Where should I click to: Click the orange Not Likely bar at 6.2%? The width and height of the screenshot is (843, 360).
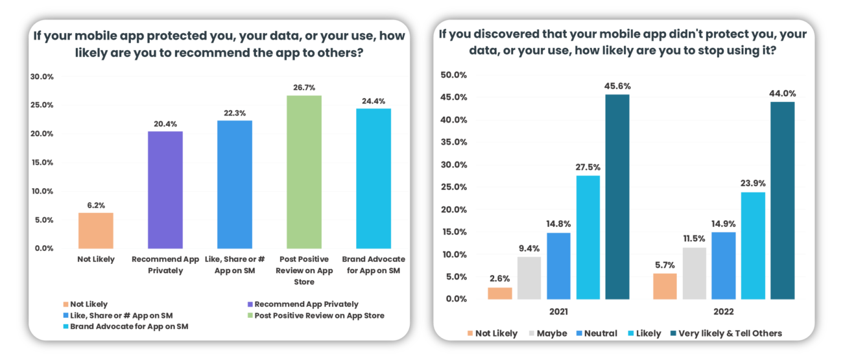point(95,230)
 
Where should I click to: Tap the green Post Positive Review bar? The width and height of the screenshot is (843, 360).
point(304,172)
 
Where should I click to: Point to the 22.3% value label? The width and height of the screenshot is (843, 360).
point(235,113)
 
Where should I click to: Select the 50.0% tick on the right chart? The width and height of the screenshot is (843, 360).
point(453,75)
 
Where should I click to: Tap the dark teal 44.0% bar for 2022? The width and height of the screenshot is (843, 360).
point(782,200)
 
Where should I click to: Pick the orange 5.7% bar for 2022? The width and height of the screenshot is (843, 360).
point(665,286)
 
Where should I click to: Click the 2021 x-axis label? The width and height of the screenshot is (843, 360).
point(558,312)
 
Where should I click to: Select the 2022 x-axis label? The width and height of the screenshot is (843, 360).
point(723,312)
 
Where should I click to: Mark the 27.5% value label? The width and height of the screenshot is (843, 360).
point(588,167)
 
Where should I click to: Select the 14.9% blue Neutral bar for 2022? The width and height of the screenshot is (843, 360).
point(724,265)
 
